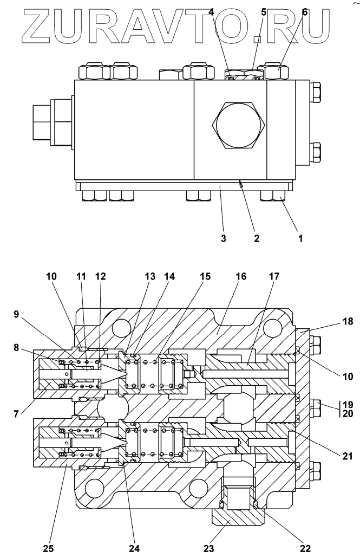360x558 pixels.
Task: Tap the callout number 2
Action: coord(257,237)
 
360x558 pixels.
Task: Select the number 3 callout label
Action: coord(223,237)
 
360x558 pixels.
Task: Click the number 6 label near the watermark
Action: coord(305,12)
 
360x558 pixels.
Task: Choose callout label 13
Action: coord(150,276)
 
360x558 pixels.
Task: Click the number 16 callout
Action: coord(241,276)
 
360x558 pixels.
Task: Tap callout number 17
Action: coord(274,276)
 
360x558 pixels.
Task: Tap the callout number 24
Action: coord(134,548)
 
